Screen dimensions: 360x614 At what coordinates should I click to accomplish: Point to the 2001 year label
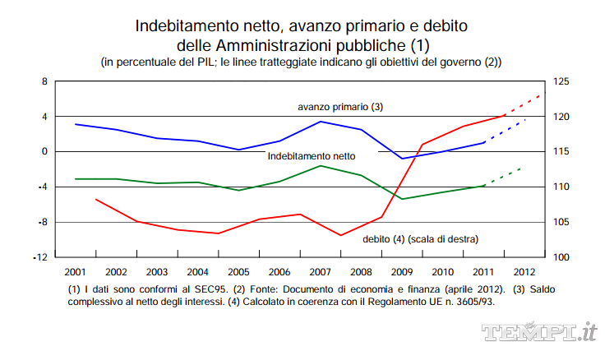point(75,271)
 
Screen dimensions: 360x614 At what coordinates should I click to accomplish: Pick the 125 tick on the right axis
point(563,81)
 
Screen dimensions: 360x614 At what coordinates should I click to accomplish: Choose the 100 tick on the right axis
point(563,257)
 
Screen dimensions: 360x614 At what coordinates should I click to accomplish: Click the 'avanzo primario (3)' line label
point(340,107)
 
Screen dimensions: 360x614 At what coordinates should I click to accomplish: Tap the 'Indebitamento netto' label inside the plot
point(312,155)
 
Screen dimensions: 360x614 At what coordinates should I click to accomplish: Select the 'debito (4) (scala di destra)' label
point(420,238)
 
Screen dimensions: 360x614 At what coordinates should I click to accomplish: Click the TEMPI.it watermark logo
point(538,332)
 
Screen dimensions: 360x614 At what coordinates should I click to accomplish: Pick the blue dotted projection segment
point(506,132)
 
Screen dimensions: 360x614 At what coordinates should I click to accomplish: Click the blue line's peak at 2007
point(321,122)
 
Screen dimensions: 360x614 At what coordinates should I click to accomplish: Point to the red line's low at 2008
point(341,235)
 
